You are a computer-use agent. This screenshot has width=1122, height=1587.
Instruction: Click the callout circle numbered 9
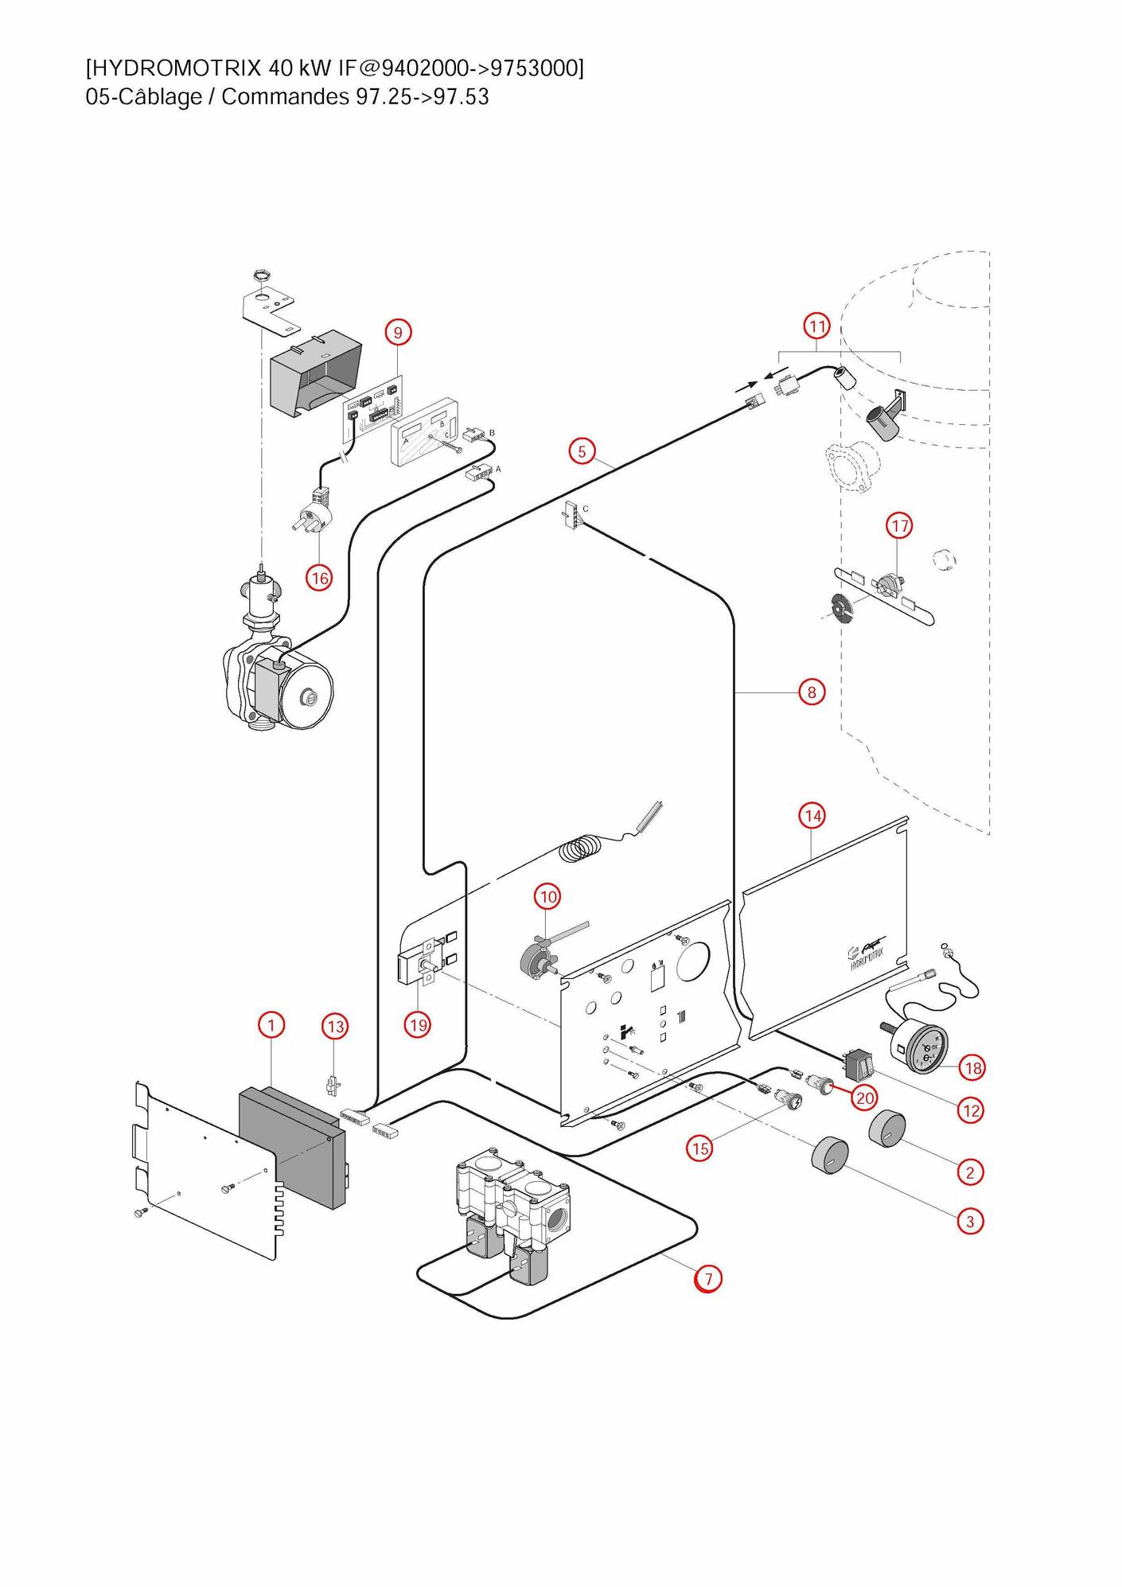[x=398, y=332]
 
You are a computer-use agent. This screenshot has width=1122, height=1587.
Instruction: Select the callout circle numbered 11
[x=817, y=326]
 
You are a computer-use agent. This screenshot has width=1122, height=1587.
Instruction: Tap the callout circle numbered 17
[x=899, y=526]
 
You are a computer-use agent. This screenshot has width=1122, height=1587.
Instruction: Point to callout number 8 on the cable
[x=811, y=692]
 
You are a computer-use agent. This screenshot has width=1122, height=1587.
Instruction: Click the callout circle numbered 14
[x=812, y=816]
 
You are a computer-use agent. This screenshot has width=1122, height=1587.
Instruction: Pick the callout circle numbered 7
[x=707, y=1278]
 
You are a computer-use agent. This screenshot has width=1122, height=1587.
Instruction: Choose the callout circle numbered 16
[x=320, y=578]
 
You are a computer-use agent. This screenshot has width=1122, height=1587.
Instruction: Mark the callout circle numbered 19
[x=418, y=1025]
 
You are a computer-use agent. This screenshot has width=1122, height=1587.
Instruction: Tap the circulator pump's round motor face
[x=308, y=698]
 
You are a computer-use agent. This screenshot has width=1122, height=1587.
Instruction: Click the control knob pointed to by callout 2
[x=886, y=1129]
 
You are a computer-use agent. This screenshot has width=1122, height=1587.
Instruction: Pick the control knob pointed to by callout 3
[x=829, y=1155]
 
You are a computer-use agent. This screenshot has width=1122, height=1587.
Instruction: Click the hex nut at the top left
[x=259, y=276]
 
